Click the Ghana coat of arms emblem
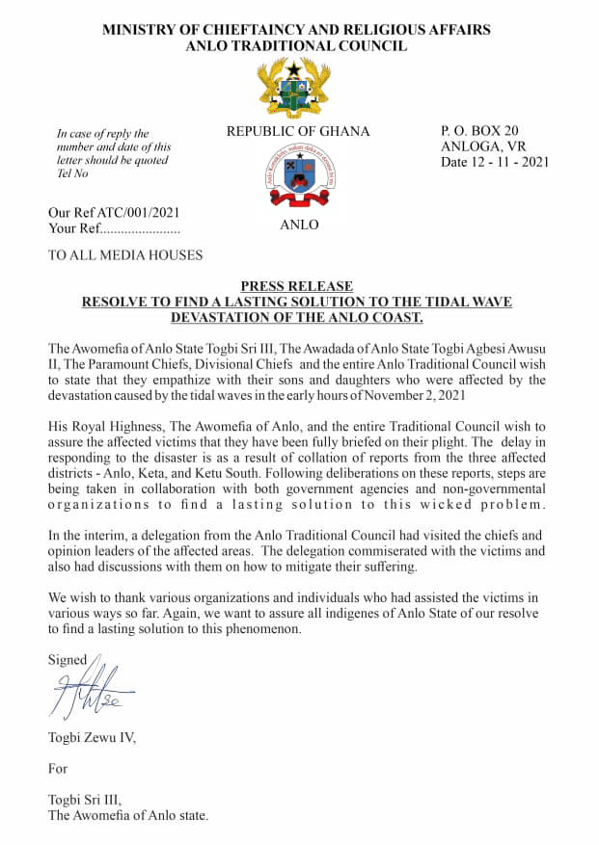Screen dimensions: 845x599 pos(296,89)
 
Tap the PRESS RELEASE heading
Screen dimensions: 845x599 pos(296,286)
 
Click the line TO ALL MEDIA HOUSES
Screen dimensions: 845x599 pos(125,255)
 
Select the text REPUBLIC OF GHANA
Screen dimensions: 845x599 pos(298,131)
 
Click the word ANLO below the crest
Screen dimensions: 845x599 pos(298,226)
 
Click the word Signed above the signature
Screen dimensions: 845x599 pos(68,659)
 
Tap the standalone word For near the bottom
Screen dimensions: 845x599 pos(58,768)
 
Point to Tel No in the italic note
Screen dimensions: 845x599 pos(73,173)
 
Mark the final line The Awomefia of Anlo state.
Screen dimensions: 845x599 pos(128,815)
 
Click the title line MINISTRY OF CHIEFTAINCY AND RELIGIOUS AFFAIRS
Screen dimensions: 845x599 pos(296,30)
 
